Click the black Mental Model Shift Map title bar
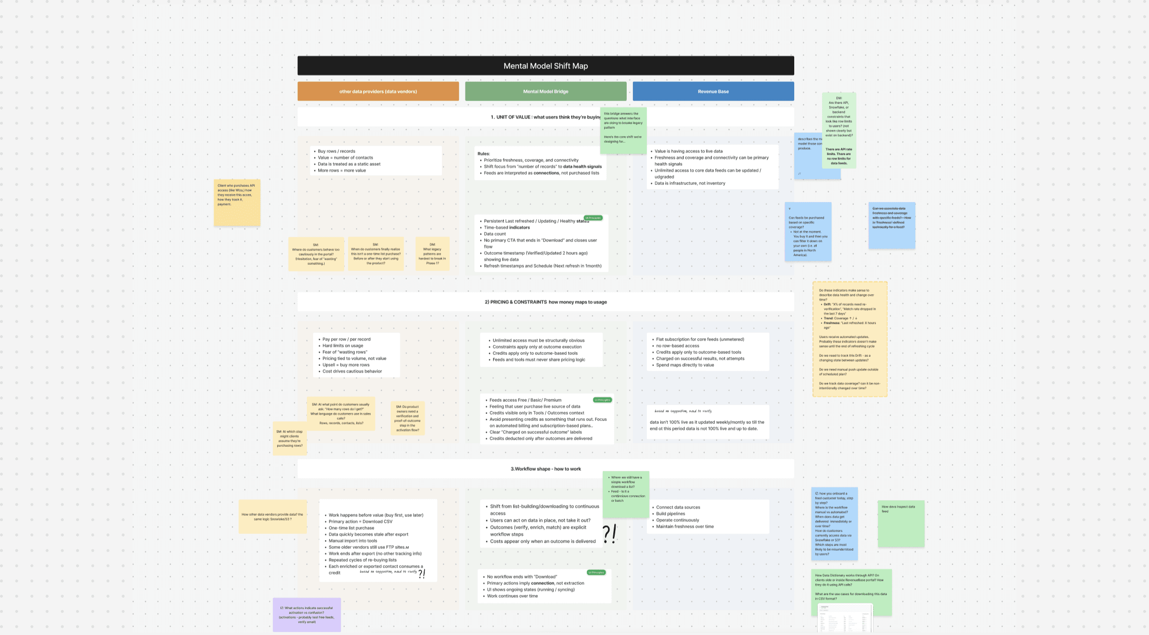pyautogui.click(x=545, y=66)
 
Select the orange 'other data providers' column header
pyautogui.click(x=378, y=91)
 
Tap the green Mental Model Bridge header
pyautogui.click(x=545, y=91)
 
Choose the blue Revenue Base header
pyautogui.click(x=713, y=91)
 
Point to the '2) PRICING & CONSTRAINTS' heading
pyautogui.click(x=545, y=302)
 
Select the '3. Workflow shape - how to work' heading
pyautogui.click(x=545, y=469)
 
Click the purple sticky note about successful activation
pyautogui.click(x=306, y=615)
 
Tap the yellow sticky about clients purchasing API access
pyautogui.click(x=237, y=203)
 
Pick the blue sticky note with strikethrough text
pyautogui.click(x=891, y=225)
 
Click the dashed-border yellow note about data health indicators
pyautogui.click(x=849, y=339)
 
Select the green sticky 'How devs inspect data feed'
pyautogui.click(x=901, y=524)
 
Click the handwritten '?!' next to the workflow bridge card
pyautogui.click(x=609, y=534)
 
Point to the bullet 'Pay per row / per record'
pyautogui.click(x=346, y=339)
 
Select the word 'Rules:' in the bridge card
pyautogui.click(x=484, y=154)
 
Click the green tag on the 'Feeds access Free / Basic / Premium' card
pyautogui.click(x=602, y=400)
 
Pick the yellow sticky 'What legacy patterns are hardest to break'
pyautogui.click(x=432, y=254)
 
